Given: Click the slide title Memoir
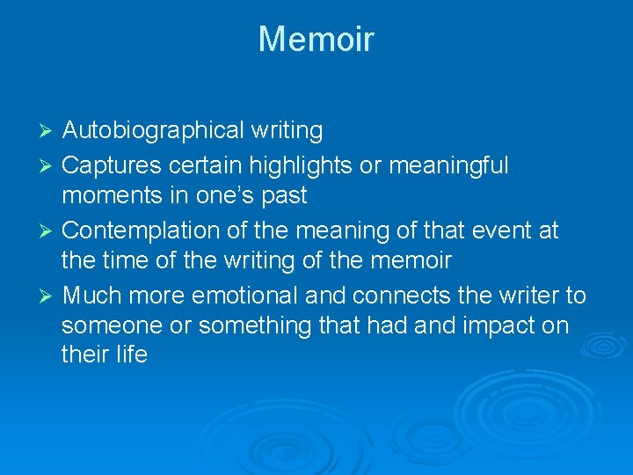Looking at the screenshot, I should (x=316, y=40).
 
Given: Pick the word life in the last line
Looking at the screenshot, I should (x=132, y=355).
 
